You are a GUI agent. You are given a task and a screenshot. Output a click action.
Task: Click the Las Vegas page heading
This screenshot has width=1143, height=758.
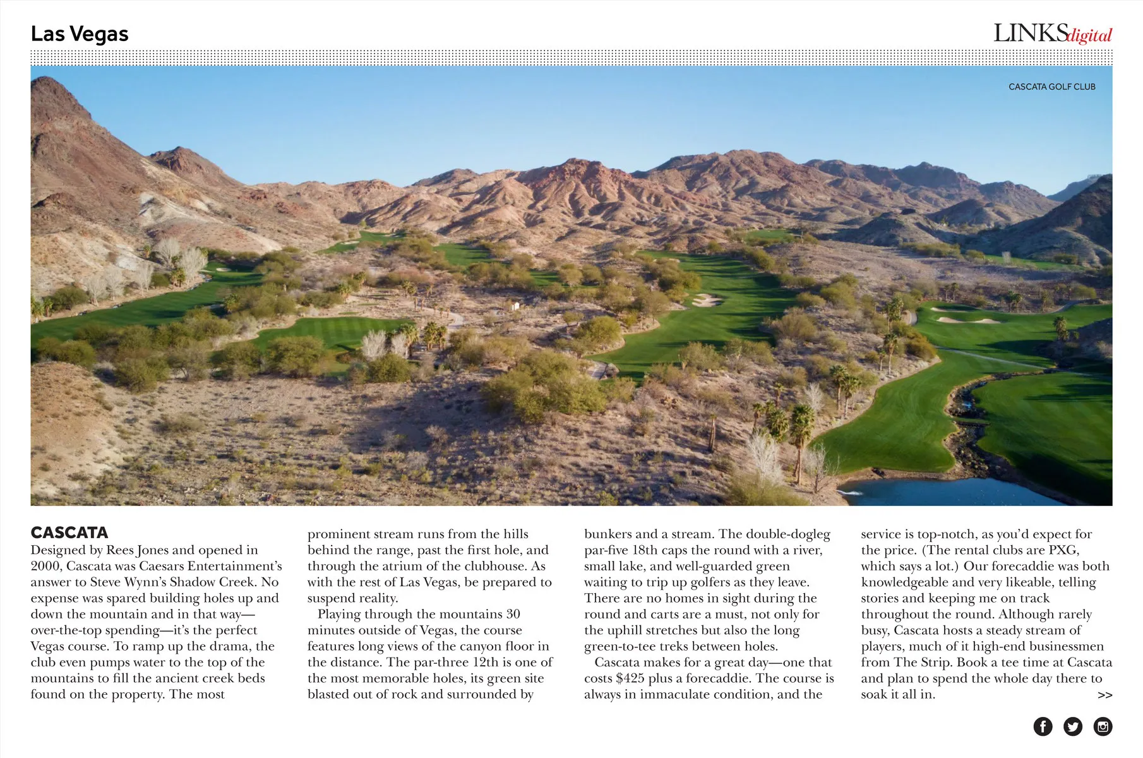(80, 33)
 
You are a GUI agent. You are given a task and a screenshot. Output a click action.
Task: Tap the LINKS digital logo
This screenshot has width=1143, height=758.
(1052, 33)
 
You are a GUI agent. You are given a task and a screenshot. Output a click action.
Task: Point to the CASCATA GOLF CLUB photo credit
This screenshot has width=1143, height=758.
(1051, 87)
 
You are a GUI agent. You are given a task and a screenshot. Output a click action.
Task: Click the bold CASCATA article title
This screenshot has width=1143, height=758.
(69, 532)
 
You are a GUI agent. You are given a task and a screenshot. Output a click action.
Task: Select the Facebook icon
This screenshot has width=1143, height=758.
(1043, 726)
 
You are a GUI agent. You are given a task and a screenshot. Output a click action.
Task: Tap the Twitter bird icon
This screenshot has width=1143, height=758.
(1073, 726)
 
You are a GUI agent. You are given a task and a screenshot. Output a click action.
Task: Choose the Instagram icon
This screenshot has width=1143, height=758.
(1103, 726)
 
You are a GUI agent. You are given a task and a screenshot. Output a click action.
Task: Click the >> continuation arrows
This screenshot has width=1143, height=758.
(1104, 695)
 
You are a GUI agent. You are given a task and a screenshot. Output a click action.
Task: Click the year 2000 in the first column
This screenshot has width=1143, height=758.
(45, 566)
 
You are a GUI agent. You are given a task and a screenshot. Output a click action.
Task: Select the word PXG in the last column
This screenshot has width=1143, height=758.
(1063, 550)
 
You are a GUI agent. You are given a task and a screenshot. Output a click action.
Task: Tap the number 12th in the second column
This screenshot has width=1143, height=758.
(485, 662)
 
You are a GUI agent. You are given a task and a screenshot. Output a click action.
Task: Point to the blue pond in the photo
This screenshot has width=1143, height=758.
(947, 491)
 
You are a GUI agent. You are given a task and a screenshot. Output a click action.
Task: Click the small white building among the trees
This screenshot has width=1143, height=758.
(516, 306)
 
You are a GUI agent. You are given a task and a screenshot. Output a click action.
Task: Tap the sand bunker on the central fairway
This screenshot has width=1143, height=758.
(705, 300)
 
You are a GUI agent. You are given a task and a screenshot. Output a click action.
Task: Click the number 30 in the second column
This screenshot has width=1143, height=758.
(513, 614)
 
